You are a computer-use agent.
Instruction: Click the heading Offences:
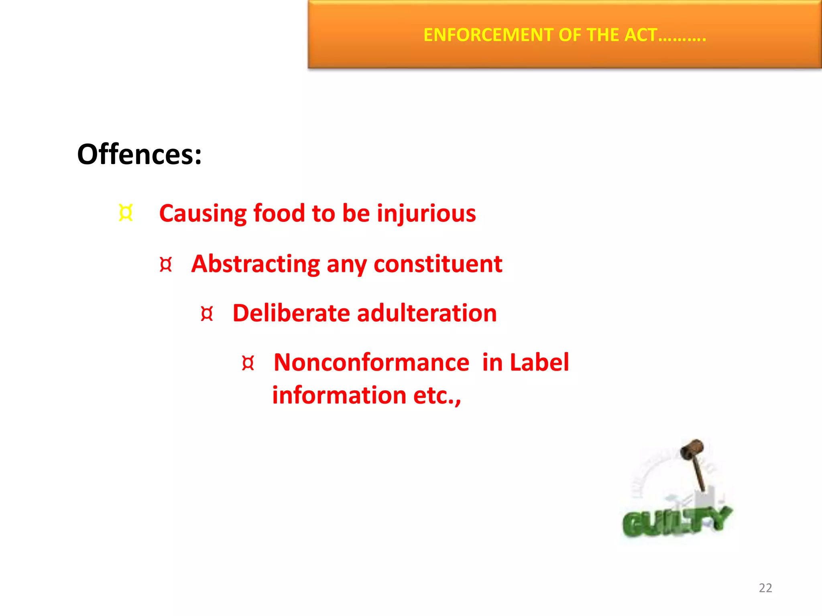click(139, 154)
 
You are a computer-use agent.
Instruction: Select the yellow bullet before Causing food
click(126, 213)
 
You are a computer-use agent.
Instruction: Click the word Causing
click(203, 213)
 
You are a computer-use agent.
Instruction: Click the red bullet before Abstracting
click(166, 265)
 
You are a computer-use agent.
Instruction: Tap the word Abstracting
click(255, 265)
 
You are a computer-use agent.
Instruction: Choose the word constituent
click(438, 264)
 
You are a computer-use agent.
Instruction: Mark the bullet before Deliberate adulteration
click(207, 314)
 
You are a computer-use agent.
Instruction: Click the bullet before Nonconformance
click(248, 363)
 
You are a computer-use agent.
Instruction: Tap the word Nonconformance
click(371, 363)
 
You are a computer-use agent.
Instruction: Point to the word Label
click(539, 363)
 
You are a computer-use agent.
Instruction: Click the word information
click(339, 395)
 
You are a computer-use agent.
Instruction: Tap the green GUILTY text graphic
click(676, 521)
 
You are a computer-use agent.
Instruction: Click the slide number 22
click(765, 588)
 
